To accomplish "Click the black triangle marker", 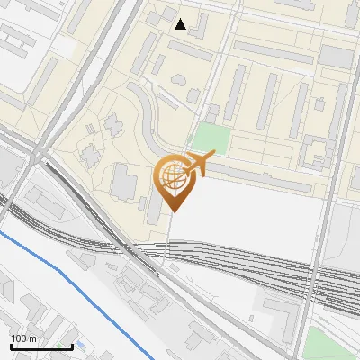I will pos(181,24).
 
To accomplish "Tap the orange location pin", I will pos(173,180).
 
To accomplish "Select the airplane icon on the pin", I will pos(198,164).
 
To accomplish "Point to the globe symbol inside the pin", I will pos(172,177).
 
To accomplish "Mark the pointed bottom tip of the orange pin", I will pos(173,211).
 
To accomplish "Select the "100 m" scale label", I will pos(23,338).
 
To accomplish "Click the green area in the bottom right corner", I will pos(328,342).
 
